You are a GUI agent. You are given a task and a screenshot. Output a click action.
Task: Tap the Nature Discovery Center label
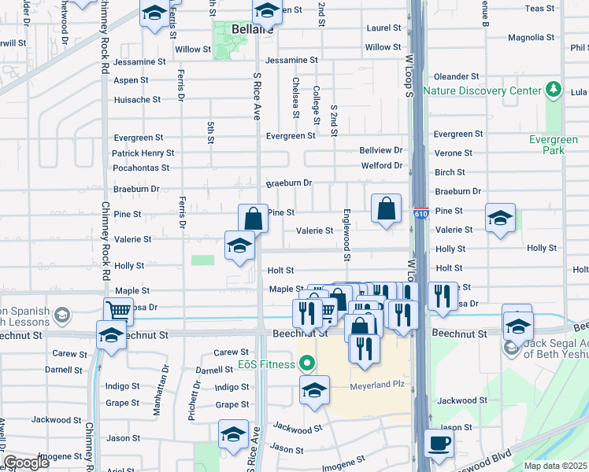pos(482,90)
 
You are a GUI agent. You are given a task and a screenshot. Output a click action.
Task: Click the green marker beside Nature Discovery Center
pos(555,89)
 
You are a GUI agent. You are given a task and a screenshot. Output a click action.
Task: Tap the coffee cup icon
pos(439,443)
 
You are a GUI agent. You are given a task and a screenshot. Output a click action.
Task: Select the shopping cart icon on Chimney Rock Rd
pos(118,310)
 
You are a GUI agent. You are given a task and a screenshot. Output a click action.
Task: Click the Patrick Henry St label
pos(143,153)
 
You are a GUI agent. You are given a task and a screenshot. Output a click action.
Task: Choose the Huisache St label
pos(137,100)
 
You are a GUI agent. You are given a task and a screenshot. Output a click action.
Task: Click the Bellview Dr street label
pos(381,149)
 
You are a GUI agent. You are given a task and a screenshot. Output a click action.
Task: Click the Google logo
pos(26,463)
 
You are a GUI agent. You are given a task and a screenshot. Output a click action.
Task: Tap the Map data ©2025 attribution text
pos(555,466)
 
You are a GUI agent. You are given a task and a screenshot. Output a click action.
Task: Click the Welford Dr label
pos(382,165)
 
